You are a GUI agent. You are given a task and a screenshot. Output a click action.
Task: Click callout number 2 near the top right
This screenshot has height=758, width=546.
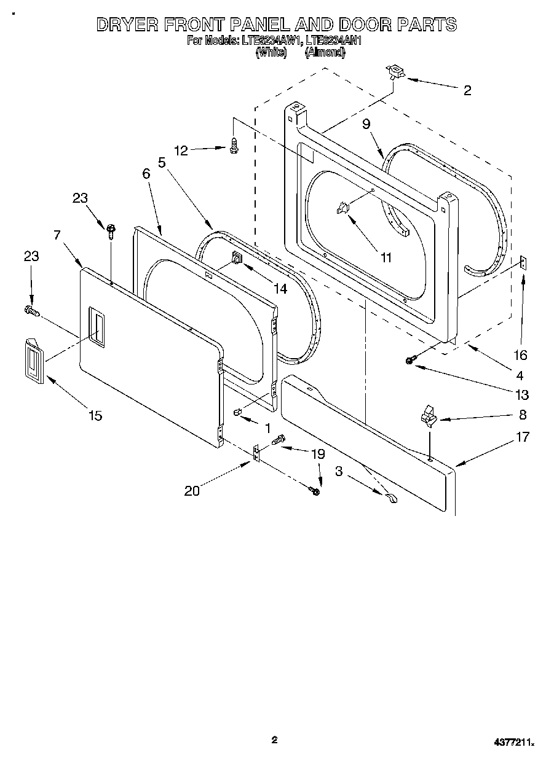pyautogui.click(x=467, y=91)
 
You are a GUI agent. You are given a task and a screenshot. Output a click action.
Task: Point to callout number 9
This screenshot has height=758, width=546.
pyautogui.click(x=366, y=124)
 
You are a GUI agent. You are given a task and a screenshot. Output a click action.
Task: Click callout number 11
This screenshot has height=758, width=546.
pyautogui.click(x=386, y=258)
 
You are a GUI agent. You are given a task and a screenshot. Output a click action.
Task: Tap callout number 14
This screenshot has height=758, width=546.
pyautogui.click(x=280, y=288)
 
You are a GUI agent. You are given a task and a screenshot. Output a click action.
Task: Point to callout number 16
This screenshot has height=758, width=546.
pyautogui.click(x=521, y=355)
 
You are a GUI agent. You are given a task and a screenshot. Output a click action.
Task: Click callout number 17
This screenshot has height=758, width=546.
pyautogui.click(x=523, y=438)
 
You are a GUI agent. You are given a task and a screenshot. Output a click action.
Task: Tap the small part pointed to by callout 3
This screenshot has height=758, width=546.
pyautogui.click(x=392, y=499)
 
